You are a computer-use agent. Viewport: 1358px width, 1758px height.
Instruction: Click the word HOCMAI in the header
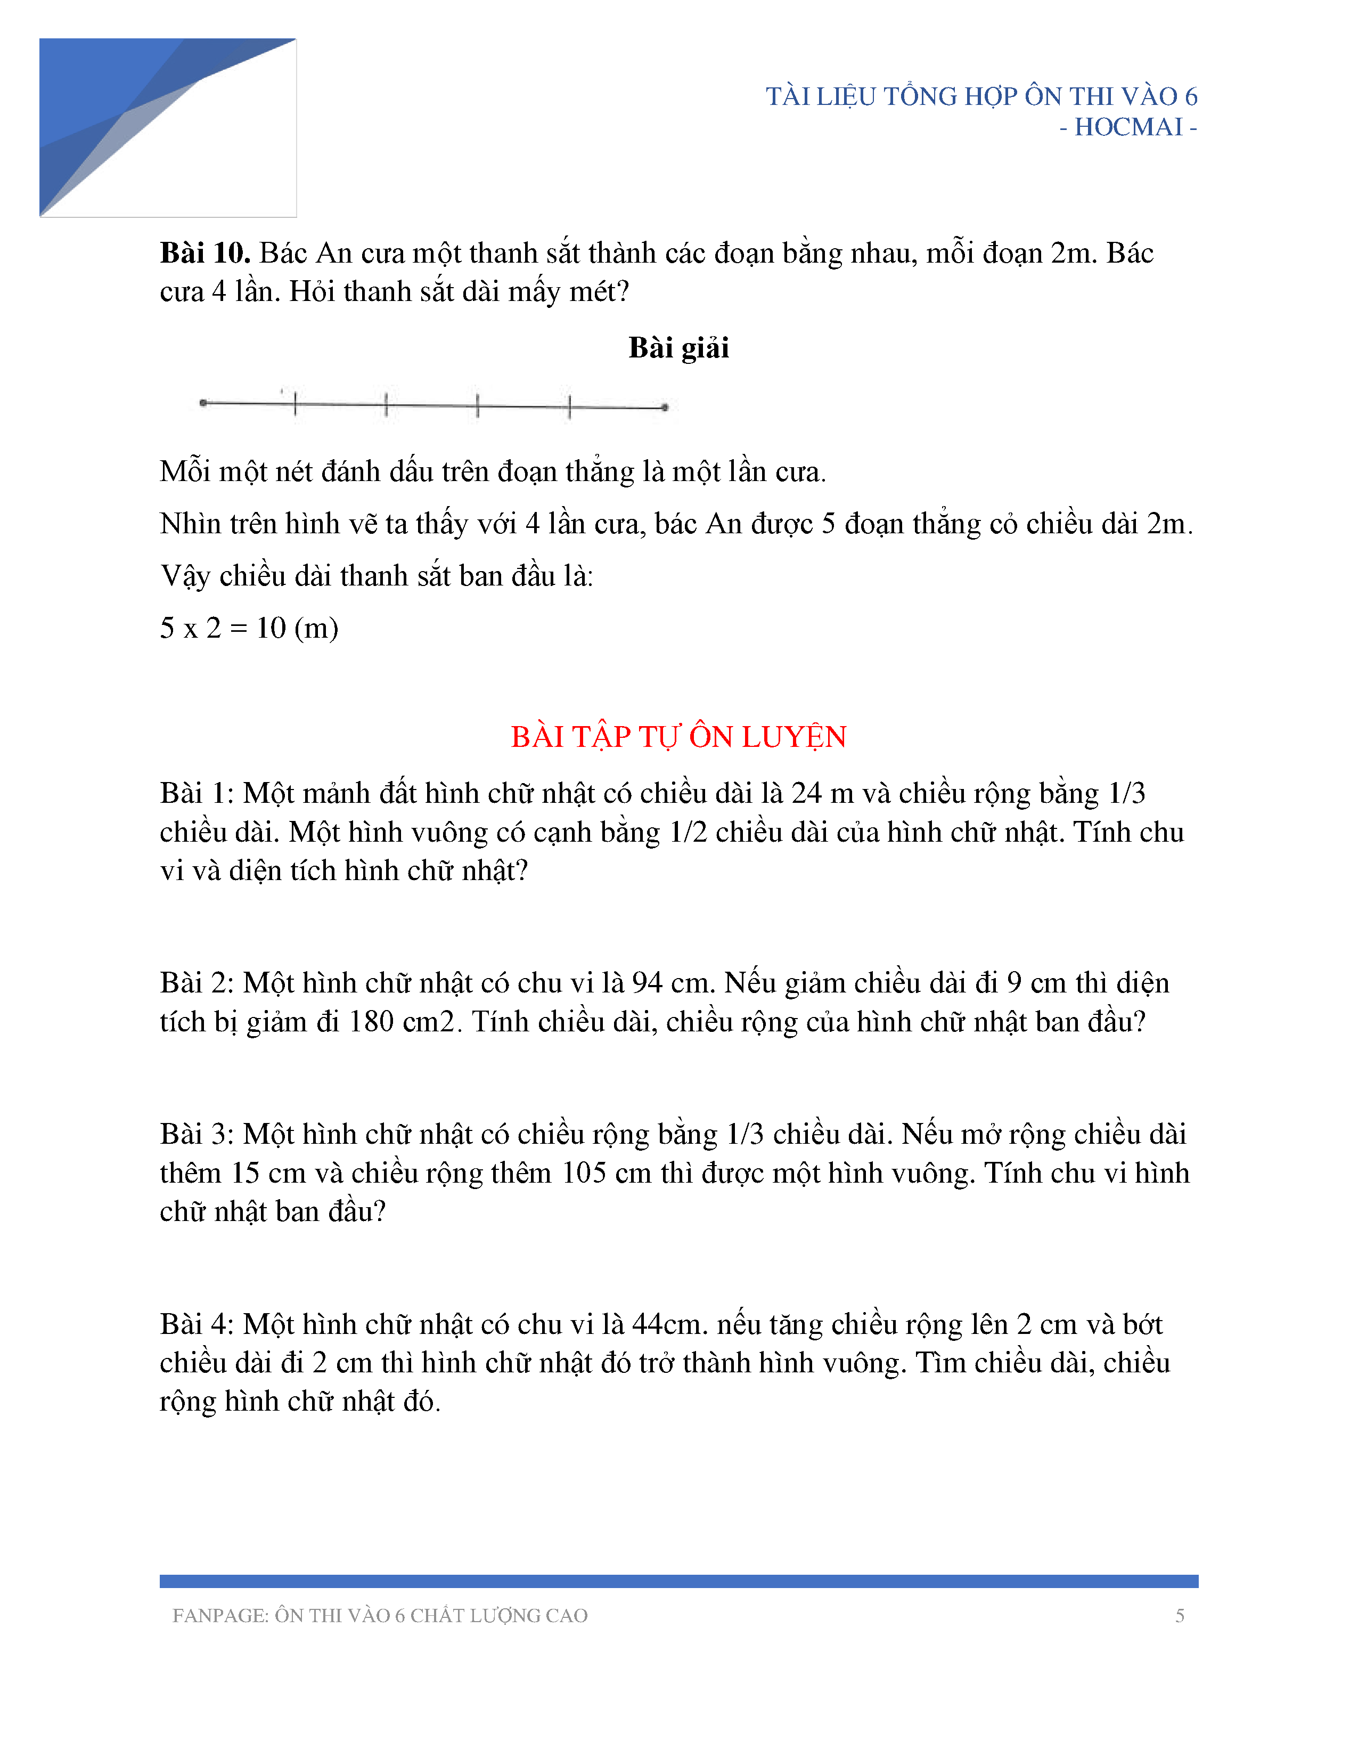(1128, 127)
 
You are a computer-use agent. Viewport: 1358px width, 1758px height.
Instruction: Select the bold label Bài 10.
(205, 253)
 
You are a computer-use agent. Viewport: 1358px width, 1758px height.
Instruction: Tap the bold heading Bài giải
(678, 348)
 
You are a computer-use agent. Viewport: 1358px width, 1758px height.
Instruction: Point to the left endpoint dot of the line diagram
(203, 402)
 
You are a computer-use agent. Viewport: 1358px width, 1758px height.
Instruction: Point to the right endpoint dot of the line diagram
(665, 408)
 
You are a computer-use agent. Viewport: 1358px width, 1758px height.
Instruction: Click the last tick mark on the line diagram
(570, 406)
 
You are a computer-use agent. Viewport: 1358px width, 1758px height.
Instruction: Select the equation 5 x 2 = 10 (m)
(249, 628)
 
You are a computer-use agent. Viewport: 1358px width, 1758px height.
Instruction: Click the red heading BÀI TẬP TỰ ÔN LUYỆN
(678, 737)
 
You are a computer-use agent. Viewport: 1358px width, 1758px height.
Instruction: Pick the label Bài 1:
(197, 794)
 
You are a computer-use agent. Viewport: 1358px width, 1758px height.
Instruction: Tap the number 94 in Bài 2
(647, 983)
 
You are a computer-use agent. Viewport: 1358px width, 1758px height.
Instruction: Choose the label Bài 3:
(197, 1134)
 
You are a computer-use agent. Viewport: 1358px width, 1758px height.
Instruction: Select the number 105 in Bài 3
(583, 1173)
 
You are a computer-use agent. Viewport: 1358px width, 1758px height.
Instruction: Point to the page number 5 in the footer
(1180, 1616)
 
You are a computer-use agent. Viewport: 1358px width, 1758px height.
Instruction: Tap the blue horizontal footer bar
(678, 1581)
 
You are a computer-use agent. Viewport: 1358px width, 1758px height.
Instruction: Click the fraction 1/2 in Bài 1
(688, 832)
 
